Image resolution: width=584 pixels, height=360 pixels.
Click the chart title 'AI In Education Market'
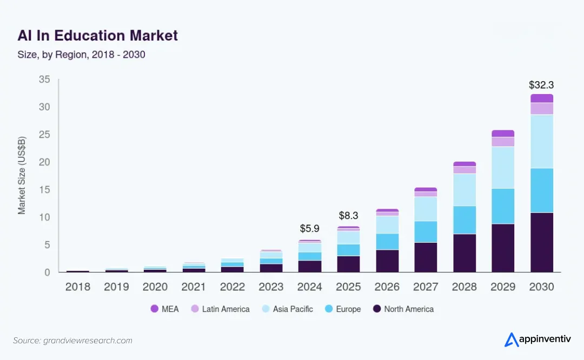(x=97, y=36)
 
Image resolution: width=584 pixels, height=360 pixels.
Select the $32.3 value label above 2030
(x=541, y=85)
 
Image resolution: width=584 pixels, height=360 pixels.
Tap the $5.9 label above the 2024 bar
(x=310, y=229)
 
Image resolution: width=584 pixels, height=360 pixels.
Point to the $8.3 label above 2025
(x=348, y=215)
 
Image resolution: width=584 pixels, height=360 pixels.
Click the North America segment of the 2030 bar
(x=541, y=242)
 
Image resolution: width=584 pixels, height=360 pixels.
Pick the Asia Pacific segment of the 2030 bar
(x=541, y=141)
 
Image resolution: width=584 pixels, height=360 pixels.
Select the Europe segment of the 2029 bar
(x=503, y=206)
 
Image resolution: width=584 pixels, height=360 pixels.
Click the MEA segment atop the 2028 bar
(x=464, y=164)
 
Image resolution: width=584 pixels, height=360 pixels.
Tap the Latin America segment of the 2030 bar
(x=541, y=108)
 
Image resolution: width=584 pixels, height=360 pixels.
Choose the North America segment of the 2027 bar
(x=426, y=257)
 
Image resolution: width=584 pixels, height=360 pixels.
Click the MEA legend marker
(x=154, y=309)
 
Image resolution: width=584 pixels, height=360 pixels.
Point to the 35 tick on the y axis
(x=44, y=79)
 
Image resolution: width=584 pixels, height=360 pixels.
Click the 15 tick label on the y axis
(x=44, y=190)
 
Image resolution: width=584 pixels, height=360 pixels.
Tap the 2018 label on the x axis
(x=78, y=286)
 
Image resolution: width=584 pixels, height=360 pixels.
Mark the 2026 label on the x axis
(x=387, y=286)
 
